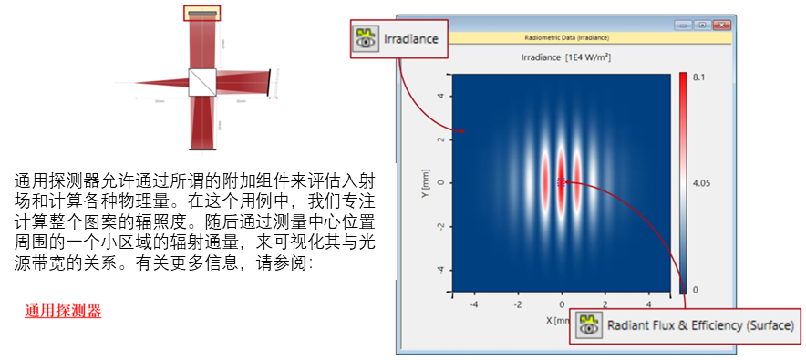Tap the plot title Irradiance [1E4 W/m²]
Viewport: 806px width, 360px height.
pyautogui.click(x=564, y=57)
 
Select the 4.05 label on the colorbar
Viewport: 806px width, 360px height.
pyautogui.click(x=701, y=183)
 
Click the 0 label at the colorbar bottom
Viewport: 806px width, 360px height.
pyautogui.click(x=696, y=289)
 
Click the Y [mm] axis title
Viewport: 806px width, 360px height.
pyautogui.click(x=426, y=182)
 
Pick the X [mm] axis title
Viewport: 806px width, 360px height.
pyautogui.click(x=558, y=320)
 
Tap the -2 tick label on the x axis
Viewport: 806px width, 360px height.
pyautogui.click(x=516, y=304)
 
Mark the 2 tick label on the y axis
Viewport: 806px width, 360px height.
pyautogui.click(x=440, y=139)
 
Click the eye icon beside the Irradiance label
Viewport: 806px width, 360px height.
pyautogui.click(x=367, y=39)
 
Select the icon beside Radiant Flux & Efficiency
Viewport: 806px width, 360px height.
pyautogui.click(x=589, y=325)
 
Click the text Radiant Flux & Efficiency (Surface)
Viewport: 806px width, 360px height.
pyautogui.click(x=700, y=325)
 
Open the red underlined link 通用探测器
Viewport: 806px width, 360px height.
pyautogui.click(x=63, y=311)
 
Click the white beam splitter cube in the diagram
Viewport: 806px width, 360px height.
pyautogui.click(x=201, y=80)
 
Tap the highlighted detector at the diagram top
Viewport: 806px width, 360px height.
pyautogui.click(x=201, y=13)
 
